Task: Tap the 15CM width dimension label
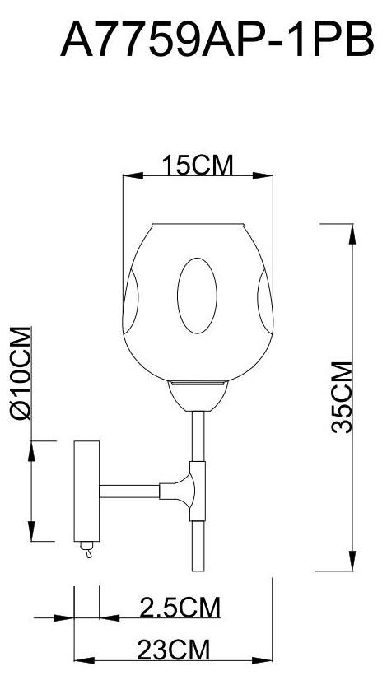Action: (x=197, y=165)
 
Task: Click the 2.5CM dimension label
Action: (x=180, y=608)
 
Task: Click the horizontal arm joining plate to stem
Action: (x=132, y=492)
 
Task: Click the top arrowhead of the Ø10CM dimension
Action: (x=30, y=449)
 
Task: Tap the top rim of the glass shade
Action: (x=197, y=223)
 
